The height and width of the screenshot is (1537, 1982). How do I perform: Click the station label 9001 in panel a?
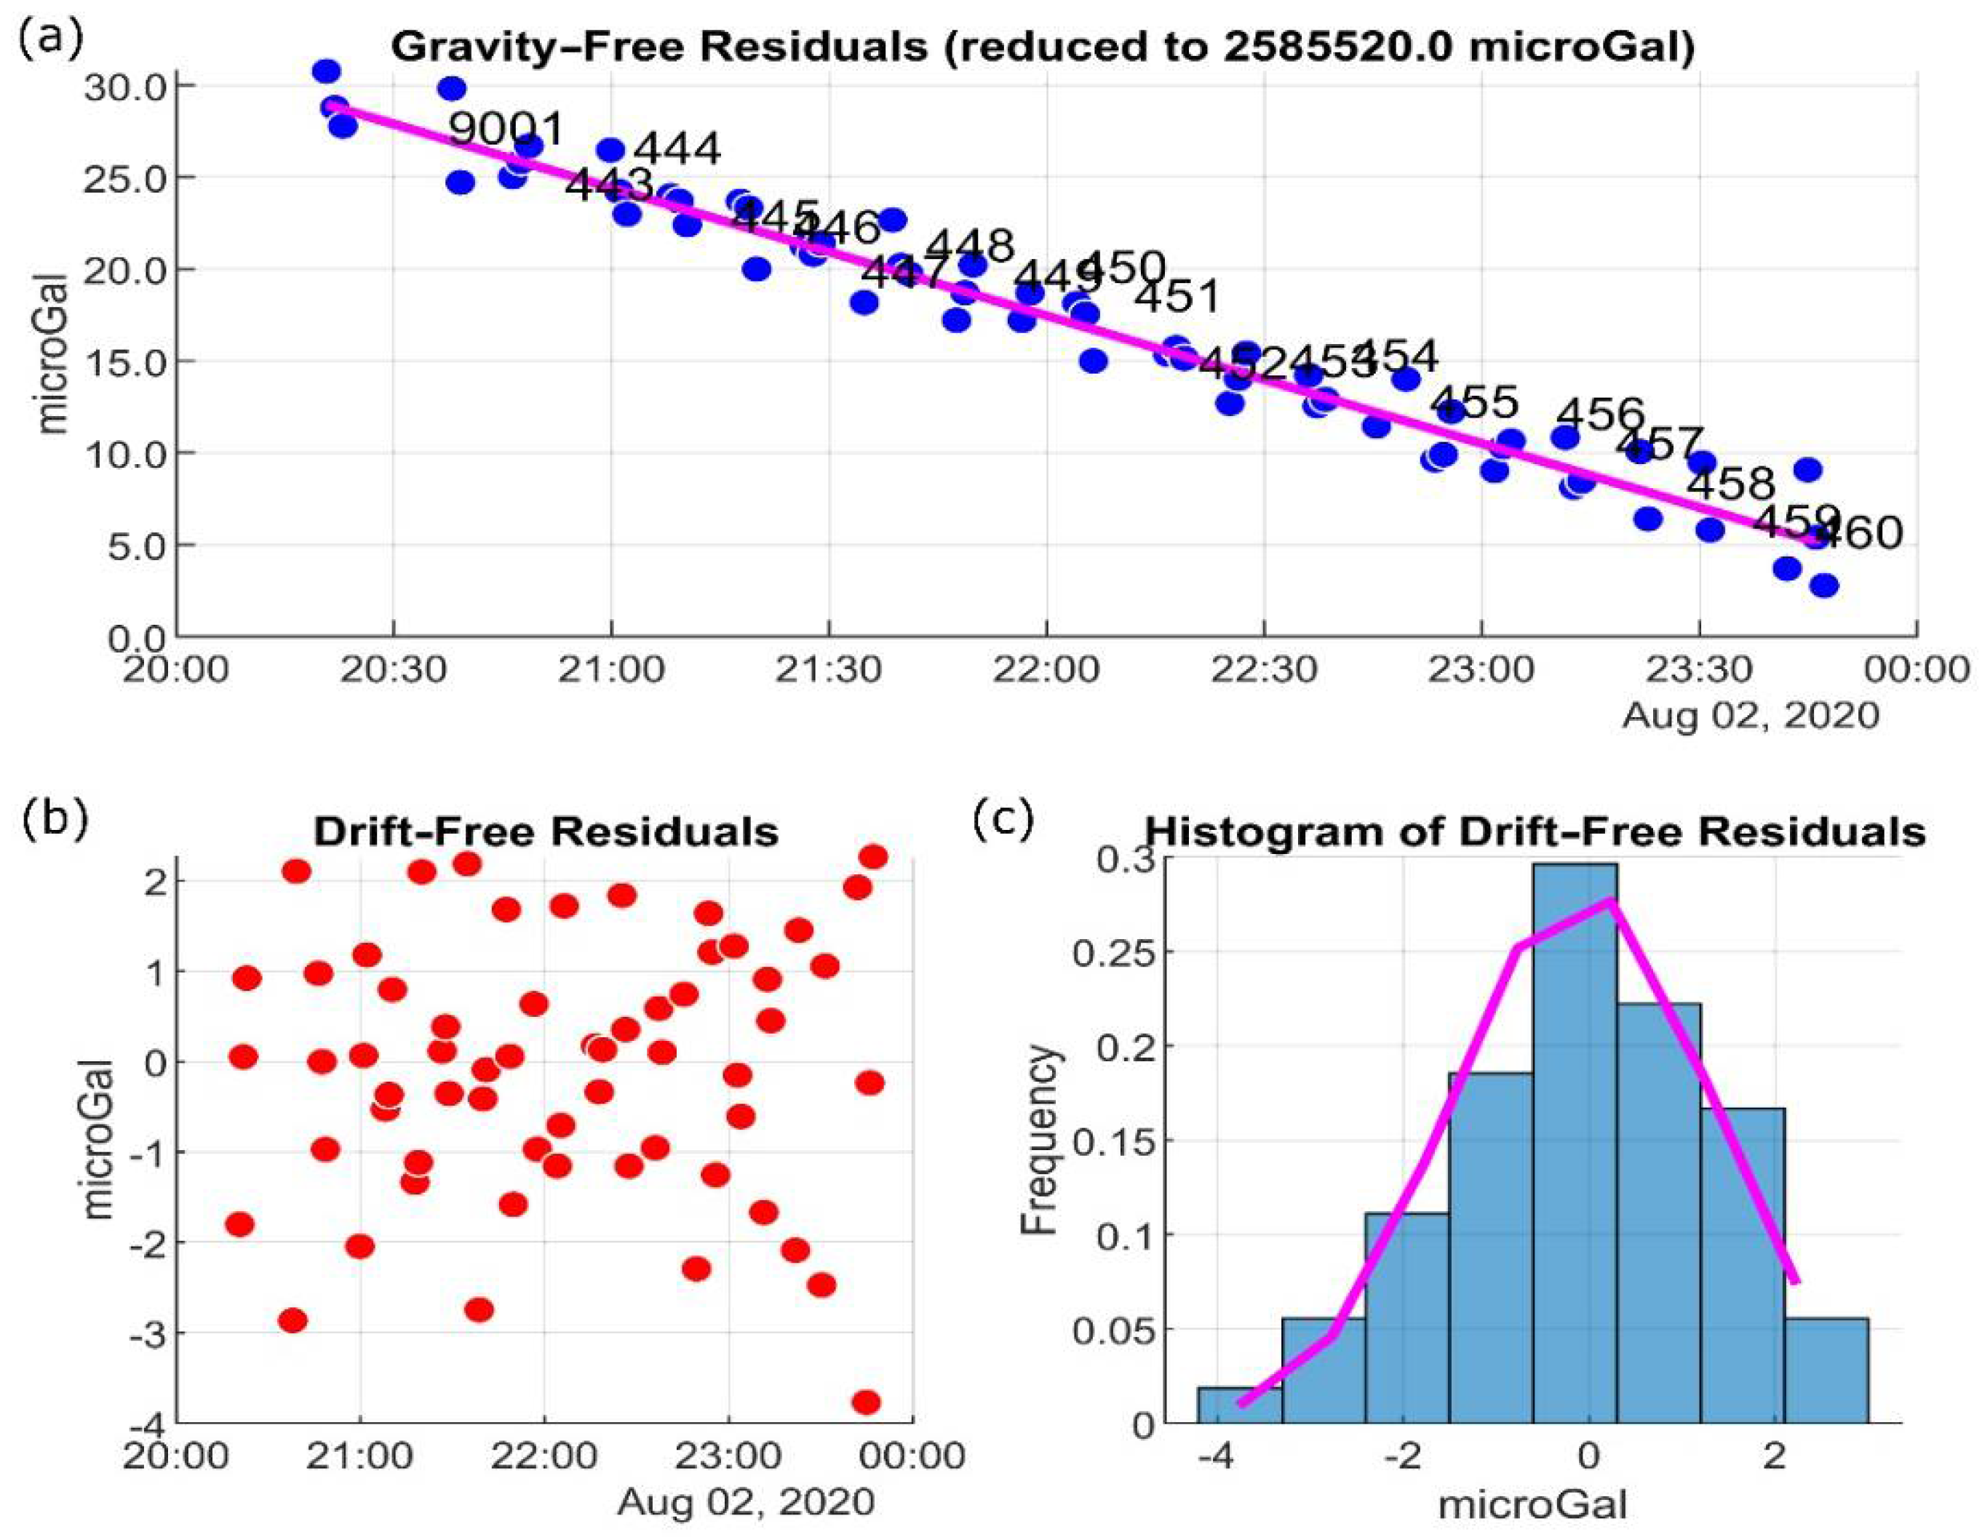coord(506,129)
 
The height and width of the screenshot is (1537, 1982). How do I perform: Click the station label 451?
coord(1178,298)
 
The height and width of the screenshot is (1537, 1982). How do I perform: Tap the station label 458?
coord(1730,484)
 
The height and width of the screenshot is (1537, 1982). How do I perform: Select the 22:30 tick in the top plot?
coord(1263,671)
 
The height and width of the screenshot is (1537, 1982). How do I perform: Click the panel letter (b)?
coord(55,817)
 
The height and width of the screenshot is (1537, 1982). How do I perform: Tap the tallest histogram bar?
coord(1575,1143)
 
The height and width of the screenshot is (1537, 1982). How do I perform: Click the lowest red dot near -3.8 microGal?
coord(866,1402)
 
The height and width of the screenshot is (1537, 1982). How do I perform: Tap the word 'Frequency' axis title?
coord(1040,1140)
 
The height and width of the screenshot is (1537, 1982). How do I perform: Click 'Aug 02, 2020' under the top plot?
coord(1750,716)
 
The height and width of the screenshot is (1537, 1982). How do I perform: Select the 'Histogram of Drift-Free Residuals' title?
coord(1534,831)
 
